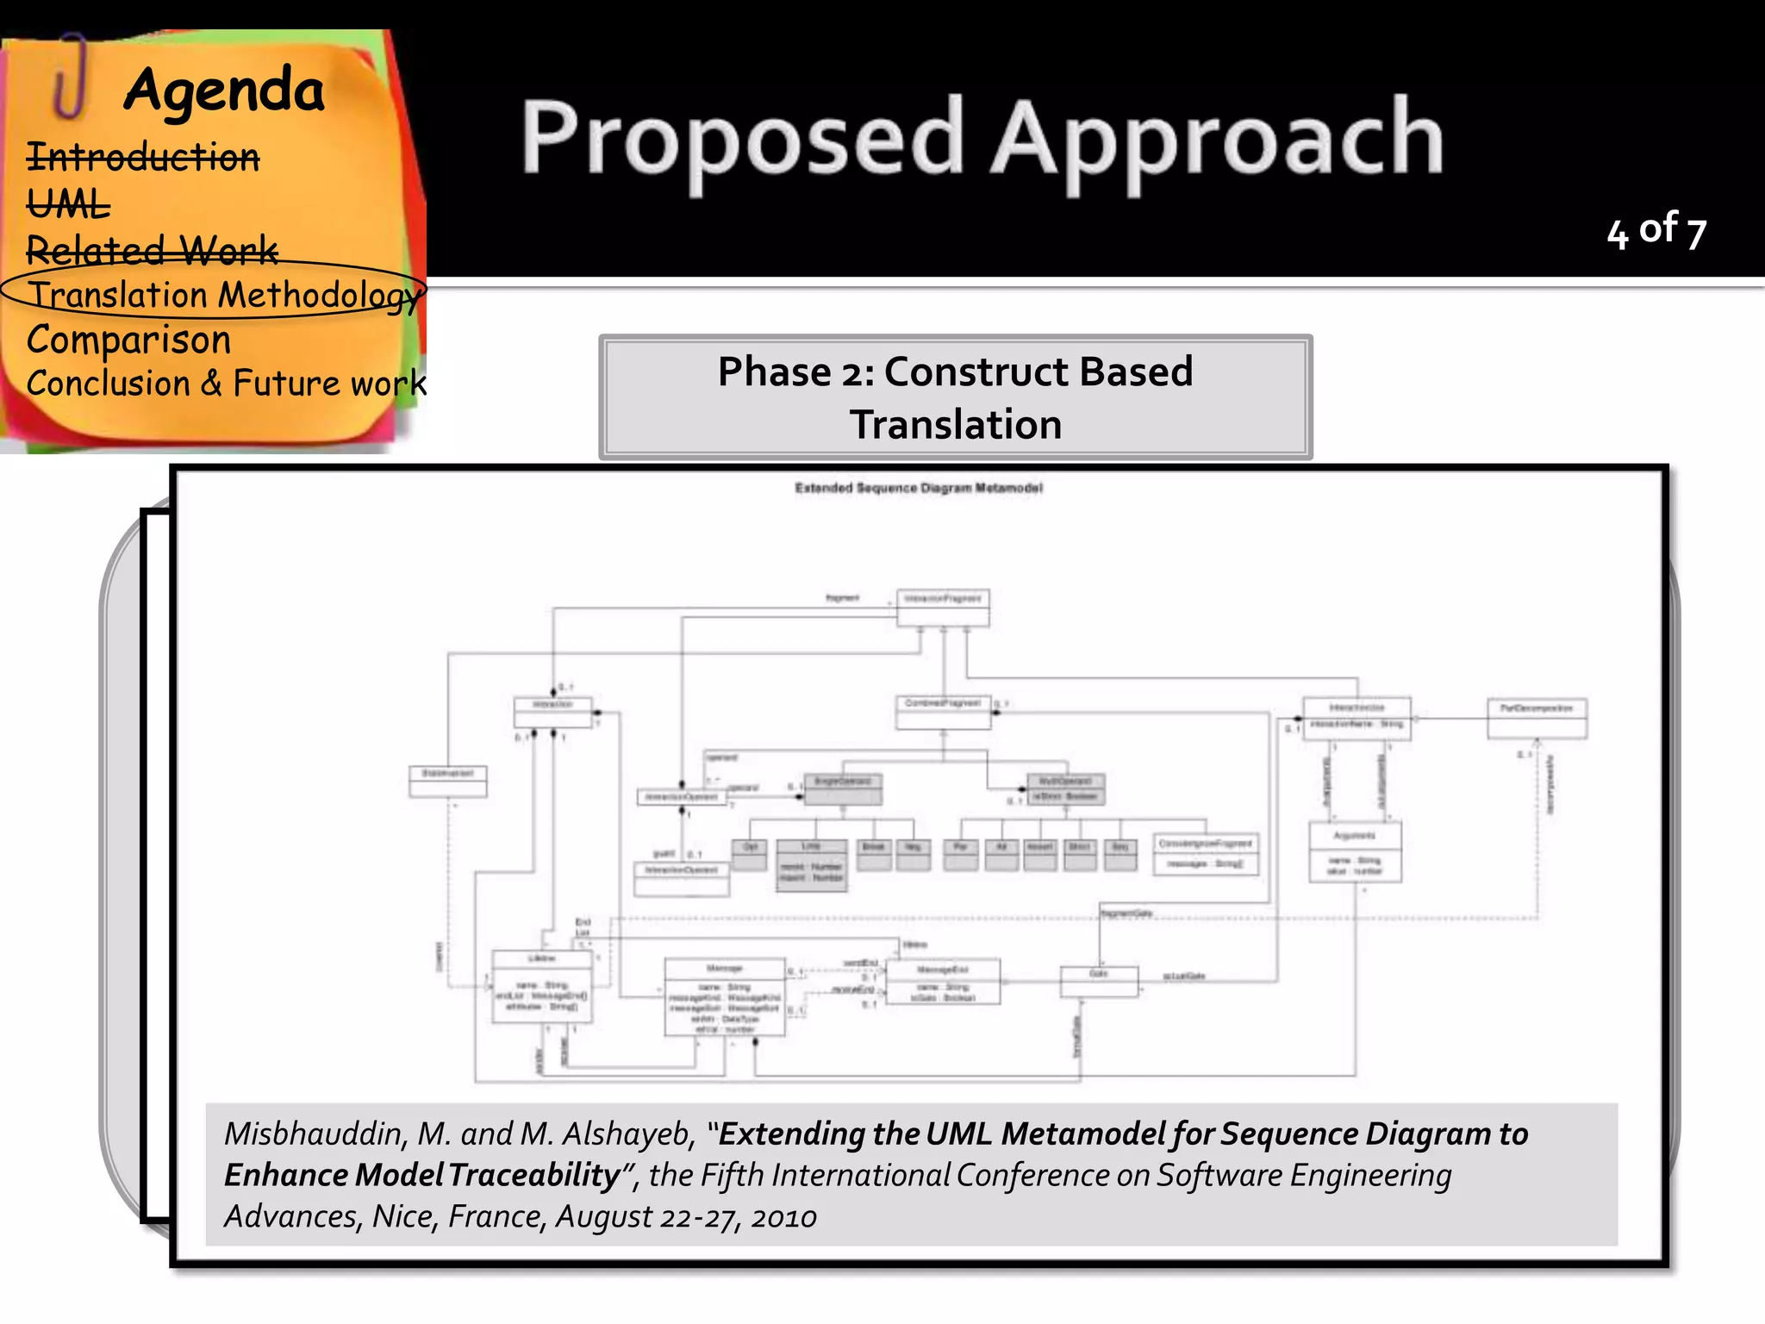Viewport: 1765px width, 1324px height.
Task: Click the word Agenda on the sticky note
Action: (224, 91)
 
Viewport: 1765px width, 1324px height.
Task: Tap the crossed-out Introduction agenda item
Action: (143, 158)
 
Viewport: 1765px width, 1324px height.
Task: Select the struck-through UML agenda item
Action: (69, 205)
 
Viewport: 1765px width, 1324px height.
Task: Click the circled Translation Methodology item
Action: (224, 295)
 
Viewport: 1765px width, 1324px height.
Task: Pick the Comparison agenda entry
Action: (129, 340)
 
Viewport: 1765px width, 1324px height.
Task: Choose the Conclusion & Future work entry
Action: (226, 384)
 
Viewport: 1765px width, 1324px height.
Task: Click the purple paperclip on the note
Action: (71, 78)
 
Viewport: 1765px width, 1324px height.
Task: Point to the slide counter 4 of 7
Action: (1656, 231)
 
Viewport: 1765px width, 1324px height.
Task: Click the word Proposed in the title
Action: (742, 138)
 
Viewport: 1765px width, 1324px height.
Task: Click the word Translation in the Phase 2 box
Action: (955, 425)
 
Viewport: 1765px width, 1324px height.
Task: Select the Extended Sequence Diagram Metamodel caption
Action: (919, 488)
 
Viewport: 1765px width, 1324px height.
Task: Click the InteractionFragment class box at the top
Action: (943, 608)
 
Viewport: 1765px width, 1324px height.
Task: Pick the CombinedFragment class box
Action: (943, 712)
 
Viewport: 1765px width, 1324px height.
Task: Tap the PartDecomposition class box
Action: (1537, 718)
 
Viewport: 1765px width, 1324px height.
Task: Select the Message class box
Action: (724, 996)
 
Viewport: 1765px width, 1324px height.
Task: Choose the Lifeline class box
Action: (541, 987)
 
